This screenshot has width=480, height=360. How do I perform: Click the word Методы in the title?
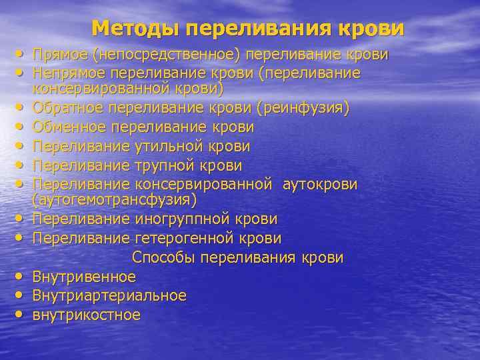[136, 28]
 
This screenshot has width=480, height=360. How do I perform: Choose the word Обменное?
[70, 127]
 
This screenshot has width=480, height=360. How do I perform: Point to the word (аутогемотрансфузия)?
[115, 199]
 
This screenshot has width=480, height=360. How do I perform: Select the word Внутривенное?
[84, 276]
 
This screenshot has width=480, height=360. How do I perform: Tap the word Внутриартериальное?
[109, 295]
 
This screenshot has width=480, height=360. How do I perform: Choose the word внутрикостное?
[87, 314]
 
